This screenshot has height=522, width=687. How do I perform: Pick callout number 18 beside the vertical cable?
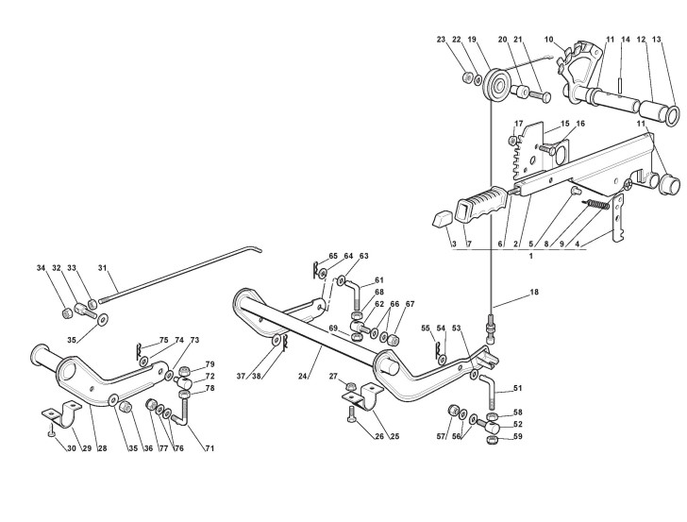[x=533, y=294]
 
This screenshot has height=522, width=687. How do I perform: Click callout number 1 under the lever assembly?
[x=531, y=257]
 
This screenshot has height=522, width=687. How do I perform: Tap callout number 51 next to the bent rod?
[x=516, y=388]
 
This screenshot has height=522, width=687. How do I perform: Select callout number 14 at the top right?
[x=624, y=40]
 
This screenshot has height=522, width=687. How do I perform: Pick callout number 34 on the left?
[x=42, y=268]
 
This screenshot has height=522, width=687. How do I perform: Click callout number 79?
[x=209, y=363]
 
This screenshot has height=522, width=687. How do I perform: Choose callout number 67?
[x=410, y=304]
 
